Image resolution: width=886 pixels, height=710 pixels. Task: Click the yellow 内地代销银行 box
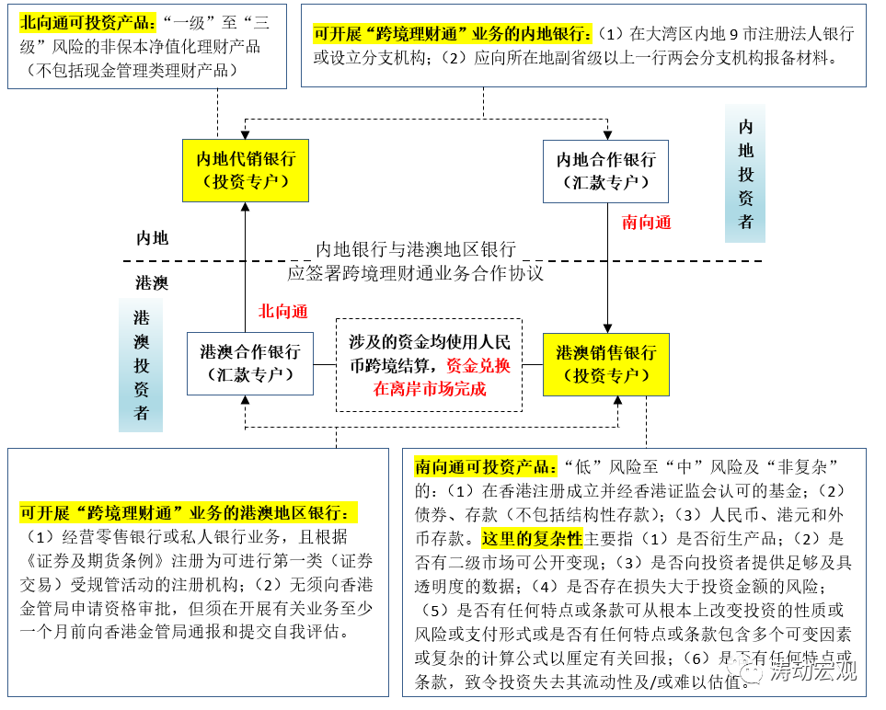click(245, 170)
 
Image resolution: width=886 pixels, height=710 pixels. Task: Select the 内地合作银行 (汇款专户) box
click(605, 171)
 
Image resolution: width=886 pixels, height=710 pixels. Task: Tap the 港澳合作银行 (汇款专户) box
click(249, 363)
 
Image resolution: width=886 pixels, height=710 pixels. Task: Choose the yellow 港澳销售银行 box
click(605, 364)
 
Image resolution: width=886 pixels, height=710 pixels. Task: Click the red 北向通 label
click(282, 312)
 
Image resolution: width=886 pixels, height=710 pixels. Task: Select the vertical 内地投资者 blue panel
click(745, 174)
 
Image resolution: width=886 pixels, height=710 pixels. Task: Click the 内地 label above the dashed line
click(152, 238)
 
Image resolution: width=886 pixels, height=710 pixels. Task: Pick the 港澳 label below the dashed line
click(152, 282)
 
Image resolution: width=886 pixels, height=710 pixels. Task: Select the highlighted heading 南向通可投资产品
click(485, 465)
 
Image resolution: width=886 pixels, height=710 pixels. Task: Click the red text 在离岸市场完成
click(429, 389)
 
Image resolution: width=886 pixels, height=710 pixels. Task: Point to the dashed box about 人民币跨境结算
click(429, 364)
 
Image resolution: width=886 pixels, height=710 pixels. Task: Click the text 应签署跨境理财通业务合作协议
click(415, 273)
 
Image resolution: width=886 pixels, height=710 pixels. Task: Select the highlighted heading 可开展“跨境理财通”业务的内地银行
click(452, 34)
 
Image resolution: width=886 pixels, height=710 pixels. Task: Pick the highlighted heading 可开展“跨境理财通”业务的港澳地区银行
click(190, 512)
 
